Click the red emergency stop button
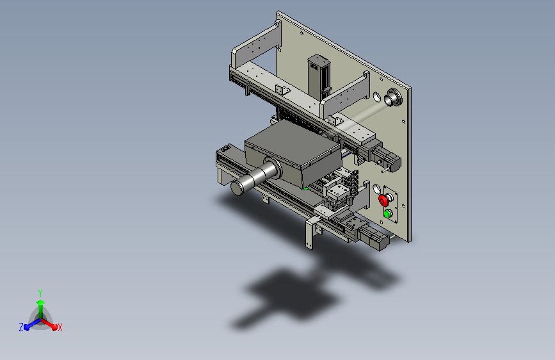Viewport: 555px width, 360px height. pyautogui.click(x=383, y=200)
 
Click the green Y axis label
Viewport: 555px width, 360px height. pyautogui.click(x=40, y=293)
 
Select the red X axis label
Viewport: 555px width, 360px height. pyautogui.click(x=60, y=327)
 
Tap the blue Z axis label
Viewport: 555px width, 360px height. pyautogui.click(x=21, y=327)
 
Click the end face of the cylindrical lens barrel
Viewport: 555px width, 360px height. pyautogui.click(x=237, y=188)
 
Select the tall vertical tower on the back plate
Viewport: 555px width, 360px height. pyautogui.click(x=319, y=78)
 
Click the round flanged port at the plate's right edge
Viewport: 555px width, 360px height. pyautogui.click(x=392, y=97)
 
